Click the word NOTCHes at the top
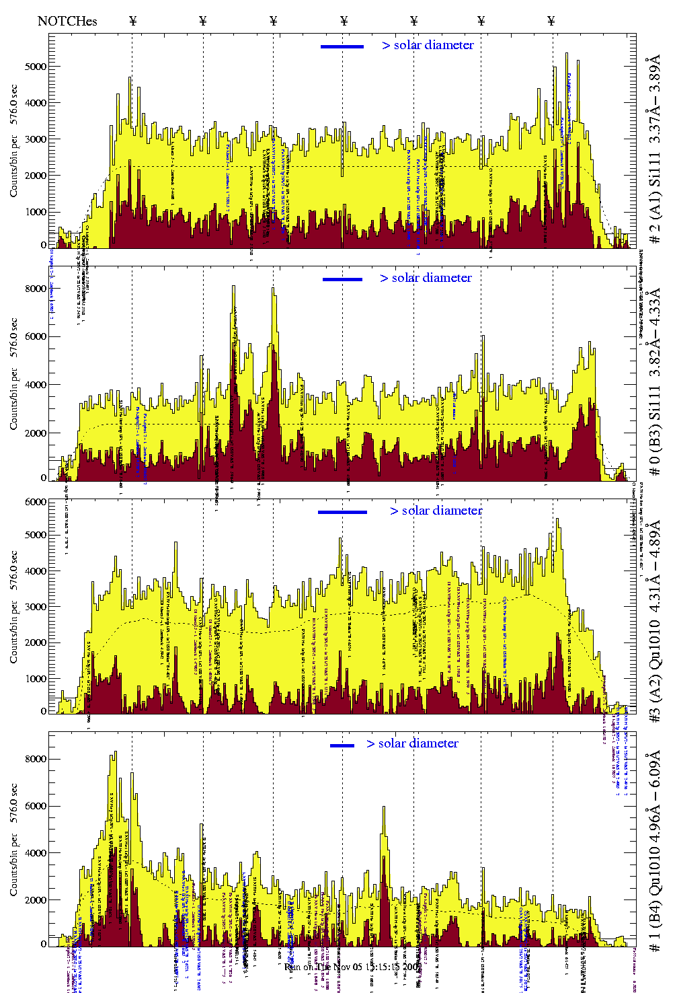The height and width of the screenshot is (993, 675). pyautogui.click(x=67, y=21)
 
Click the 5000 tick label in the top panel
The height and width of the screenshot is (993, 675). pyautogui.click(x=36, y=67)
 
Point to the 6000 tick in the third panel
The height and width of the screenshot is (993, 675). pyautogui.click(x=36, y=502)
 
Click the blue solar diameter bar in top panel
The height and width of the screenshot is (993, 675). pyautogui.click(x=342, y=46)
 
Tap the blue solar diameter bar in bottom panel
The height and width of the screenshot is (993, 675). pyautogui.click(x=342, y=745)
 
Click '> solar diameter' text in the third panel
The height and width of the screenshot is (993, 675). pyautogui.click(x=436, y=511)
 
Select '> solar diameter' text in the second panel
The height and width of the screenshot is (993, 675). pyautogui.click(x=426, y=278)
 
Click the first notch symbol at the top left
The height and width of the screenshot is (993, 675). pyautogui.click(x=132, y=21)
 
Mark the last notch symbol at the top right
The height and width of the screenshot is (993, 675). pyautogui.click(x=551, y=21)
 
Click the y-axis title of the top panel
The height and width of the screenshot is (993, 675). pyautogui.click(x=14, y=154)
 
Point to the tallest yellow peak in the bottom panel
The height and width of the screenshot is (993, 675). pyautogui.click(x=115, y=753)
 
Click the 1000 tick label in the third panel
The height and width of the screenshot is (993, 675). pyautogui.click(x=36, y=679)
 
